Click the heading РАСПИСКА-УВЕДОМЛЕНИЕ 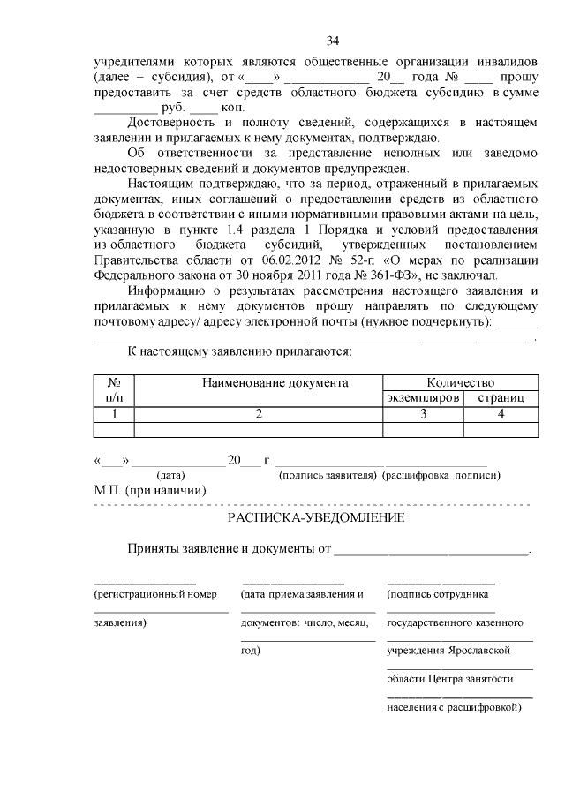tap(317, 517)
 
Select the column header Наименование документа tap(275, 383)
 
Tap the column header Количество tap(461, 383)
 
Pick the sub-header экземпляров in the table tap(424, 398)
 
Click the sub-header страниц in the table tap(501, 398)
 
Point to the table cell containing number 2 tap(259, 413)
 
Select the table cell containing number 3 tap(424, 413)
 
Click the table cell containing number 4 tap(501, 413)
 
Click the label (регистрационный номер tap(155, 594)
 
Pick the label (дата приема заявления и tap(302, 594)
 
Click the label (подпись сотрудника tap(438, 594)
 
